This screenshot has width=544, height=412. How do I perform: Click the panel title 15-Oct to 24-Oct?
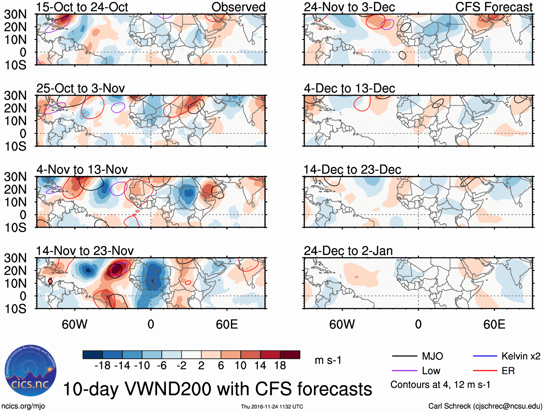pos(82,7)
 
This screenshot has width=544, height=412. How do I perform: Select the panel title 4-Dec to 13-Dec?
pos(349,88)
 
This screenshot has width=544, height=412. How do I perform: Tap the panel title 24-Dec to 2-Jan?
pos(348,251)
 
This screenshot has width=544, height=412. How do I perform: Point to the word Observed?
pos(238,7)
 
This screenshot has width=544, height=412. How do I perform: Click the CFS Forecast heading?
pos(494,7)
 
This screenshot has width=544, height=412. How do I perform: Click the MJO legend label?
pos(432,356)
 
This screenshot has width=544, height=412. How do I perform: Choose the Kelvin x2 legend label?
pos(521,356)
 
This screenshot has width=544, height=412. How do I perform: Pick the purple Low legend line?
pos(405,371)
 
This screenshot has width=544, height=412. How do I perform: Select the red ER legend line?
pos(485,371)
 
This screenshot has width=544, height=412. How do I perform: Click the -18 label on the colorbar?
pos(103,366)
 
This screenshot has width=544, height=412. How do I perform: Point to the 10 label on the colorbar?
pos(240,366)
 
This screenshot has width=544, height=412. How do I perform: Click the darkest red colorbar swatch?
pos(290,355)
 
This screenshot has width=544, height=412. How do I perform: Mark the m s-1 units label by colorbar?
pos(328,360)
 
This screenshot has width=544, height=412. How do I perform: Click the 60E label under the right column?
pos(494,325)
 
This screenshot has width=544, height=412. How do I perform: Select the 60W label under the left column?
pos(75,325)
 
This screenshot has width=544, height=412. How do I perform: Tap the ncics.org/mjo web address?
pos(23,406)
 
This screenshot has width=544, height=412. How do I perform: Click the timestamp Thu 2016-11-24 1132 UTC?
pos(272,407)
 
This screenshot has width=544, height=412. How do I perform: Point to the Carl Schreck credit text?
pos(485,406)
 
